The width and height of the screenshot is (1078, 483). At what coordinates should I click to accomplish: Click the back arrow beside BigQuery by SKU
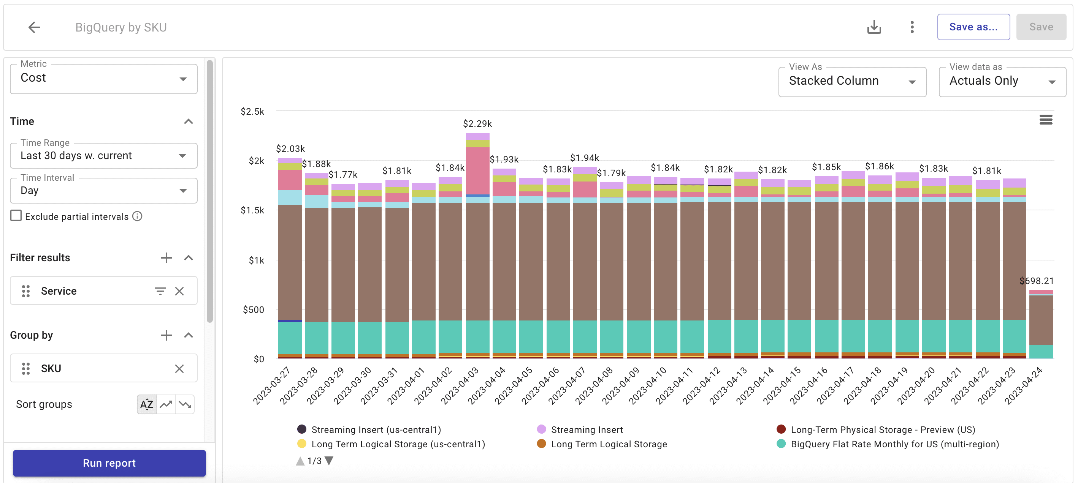coord(34,28)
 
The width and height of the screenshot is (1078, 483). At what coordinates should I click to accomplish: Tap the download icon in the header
coord(874,28)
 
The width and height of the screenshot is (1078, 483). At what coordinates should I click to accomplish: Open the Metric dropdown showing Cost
coord(103,79)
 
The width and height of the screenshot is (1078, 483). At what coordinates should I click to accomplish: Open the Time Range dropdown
coord(103,156)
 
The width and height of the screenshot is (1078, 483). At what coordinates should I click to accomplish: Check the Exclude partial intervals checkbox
coord(16,216)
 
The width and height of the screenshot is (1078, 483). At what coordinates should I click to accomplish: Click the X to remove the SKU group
coord(179,368)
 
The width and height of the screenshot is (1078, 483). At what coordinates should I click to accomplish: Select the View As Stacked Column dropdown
coord(851,82)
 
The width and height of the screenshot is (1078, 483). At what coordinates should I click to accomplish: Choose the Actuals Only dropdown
coord(1002,82)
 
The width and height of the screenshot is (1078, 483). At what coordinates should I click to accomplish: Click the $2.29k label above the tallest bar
coord(477,124)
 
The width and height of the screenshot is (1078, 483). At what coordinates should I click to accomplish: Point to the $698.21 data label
coord(1036,281)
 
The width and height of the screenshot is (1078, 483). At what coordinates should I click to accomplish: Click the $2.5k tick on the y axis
coord(252,112)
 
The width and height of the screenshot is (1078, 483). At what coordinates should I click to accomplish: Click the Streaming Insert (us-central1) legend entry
coord(376,429)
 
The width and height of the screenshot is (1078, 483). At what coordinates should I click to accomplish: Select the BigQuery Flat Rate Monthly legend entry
coord(894,444)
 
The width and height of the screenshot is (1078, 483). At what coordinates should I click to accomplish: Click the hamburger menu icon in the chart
coord(1045,120)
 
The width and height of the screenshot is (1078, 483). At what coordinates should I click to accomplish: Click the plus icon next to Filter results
coord(166,257)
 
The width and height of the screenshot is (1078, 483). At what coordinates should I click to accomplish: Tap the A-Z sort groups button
coord(146,404)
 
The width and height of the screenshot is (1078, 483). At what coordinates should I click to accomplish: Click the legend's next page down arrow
coord(329,461)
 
